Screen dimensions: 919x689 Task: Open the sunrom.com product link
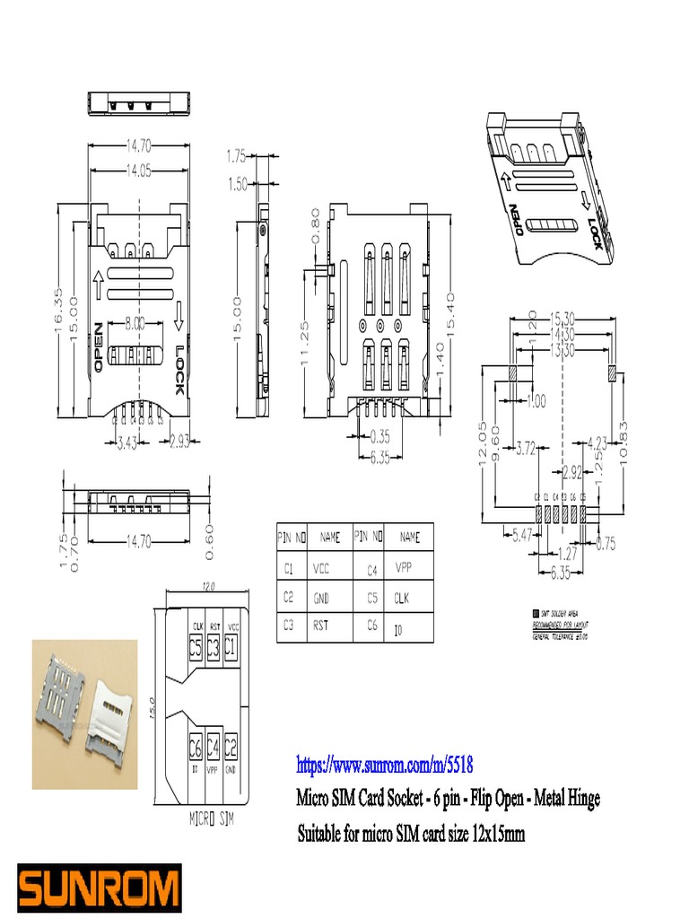point(384,766)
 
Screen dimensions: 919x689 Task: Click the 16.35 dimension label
point(61,310)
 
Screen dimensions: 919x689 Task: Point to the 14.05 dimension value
point(137,171)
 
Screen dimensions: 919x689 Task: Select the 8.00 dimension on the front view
point(135,323)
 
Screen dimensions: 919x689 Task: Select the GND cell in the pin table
point(321,596)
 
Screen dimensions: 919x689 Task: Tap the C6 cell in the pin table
point(372,626)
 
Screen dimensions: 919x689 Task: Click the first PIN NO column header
point(291,538)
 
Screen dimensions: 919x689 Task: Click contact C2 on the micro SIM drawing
point(231,746)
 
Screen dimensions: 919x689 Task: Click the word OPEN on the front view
point(98,350)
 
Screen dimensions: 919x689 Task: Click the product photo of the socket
point(84,713)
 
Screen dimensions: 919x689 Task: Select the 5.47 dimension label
point(521,536)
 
